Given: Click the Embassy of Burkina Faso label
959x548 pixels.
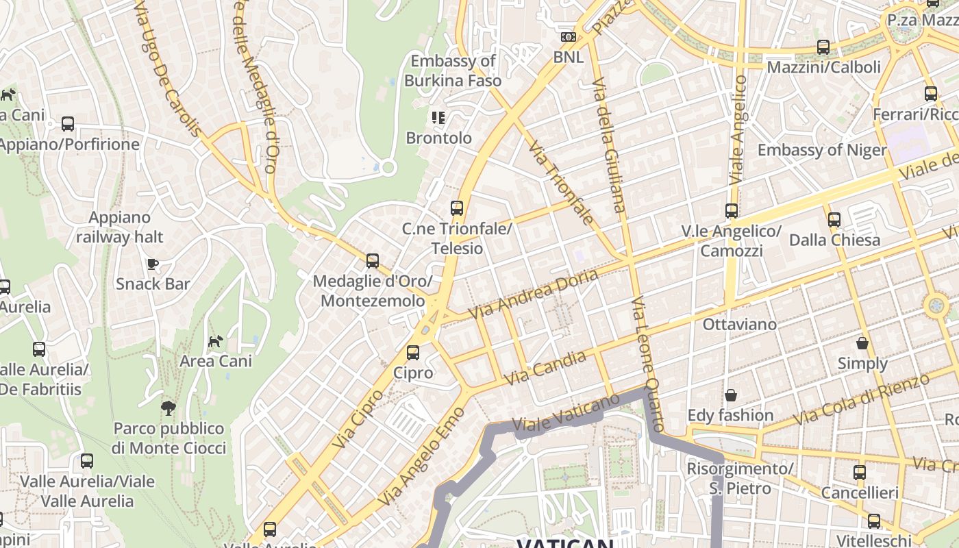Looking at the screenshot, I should (x=452, y=71).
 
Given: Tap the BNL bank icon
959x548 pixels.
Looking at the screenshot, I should (x=568, y=37).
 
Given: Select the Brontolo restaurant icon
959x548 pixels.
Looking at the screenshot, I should (x=438, y=118).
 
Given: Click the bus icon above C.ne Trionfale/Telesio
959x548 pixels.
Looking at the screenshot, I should (x=456, y=208).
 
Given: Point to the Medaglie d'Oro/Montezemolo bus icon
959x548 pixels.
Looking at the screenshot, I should (x=372, y=260).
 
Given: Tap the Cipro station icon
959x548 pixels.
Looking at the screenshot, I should (x=412, y=353).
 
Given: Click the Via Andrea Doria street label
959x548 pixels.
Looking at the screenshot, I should (x=533, y=294).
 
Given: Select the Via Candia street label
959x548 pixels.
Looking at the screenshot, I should (x=545, y=367).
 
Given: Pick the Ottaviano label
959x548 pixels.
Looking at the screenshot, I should (x=739, y=324).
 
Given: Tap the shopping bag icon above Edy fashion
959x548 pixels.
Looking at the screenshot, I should (x=730, y=395).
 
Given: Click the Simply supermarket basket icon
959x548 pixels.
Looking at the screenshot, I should (x=862, y=342).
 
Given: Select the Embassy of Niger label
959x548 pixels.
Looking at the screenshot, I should (x=821, y=150).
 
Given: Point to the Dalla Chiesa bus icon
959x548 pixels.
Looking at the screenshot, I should (x=834, y=220).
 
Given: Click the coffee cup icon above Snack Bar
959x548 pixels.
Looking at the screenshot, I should (x=152, y=264).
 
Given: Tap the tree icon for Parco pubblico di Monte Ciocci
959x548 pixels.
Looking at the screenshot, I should (x=168, y=408).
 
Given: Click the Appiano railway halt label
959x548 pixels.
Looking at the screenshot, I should (x=120, y=227).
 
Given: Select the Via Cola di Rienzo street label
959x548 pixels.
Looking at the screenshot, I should (x=861, y=400).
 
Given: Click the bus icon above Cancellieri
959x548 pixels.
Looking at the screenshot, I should (x=859, y=472).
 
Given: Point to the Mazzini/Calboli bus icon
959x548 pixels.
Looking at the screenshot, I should (x=823, y=47).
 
